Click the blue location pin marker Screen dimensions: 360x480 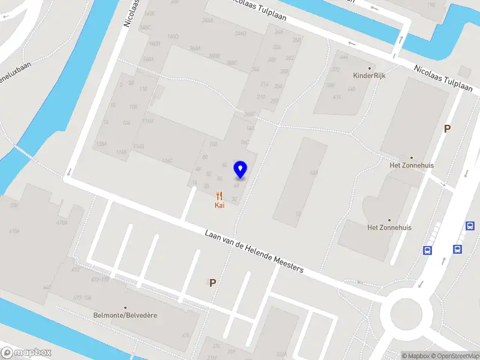pyautogui.click(x=241, y=170)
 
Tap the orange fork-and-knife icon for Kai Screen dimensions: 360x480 pyautogui.click(x=220, y=196)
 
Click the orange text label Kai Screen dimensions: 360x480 pyautogui.click(x=220, y=205)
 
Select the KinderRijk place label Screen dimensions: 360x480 pyautogui.click(x=369, y=76)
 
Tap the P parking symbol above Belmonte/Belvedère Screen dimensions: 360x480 pyautogui.click(x=212, y=283)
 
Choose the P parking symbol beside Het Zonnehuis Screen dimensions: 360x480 pyautogui.click(x=447, y=128)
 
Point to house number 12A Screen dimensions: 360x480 pyautogui.click(x=313, y=173)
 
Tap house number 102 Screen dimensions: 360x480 pyautogui.click(x=213, y=144)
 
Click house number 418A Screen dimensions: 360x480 pyautogui.click(x=14, y=231)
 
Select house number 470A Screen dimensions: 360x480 pyautogui.click(x=61, y=223)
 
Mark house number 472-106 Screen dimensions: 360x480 pyautogui.click(x=82, y=297)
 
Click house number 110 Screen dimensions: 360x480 pyautogui.click(x=143, y=89)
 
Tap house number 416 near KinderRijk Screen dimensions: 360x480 pyautogui.click(x=337, y=97)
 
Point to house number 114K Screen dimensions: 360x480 pyautogui.click(x=122, y=152)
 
